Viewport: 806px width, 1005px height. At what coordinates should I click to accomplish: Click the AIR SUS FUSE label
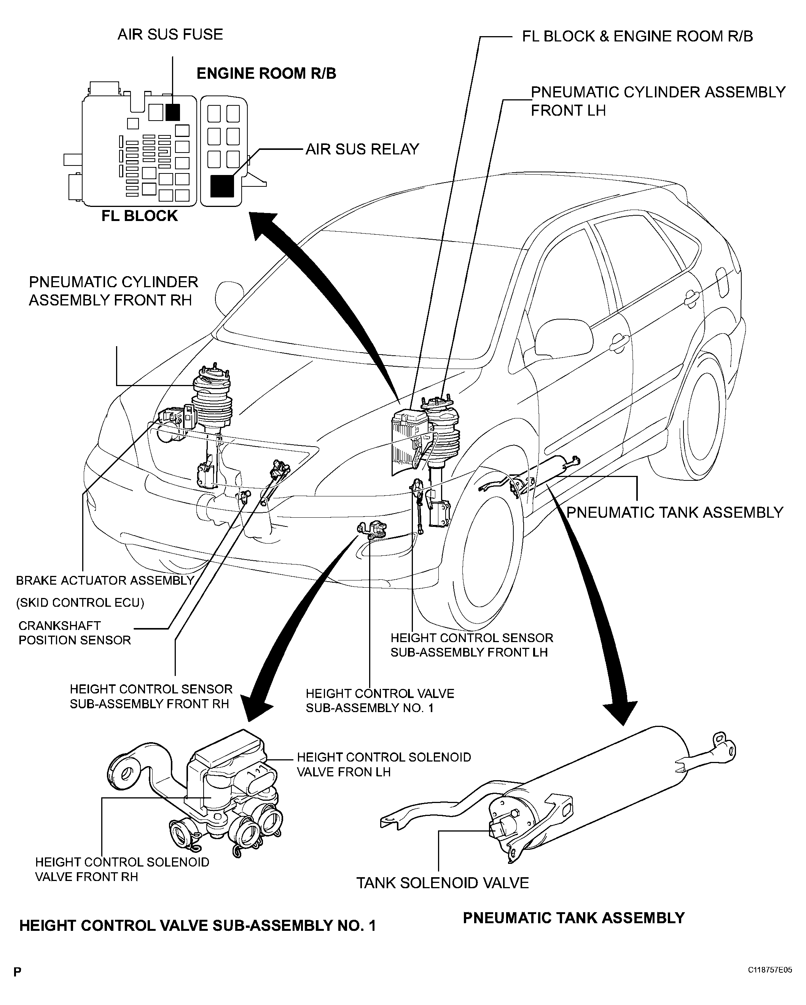[170, 35]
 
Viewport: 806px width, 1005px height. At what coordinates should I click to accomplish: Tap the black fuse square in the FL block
[173, 112]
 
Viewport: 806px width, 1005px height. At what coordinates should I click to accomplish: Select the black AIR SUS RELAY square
[222, 186]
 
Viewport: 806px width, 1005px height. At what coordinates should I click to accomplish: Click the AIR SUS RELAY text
[362, 149]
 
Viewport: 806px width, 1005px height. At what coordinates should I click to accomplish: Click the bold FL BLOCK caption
[139, 216]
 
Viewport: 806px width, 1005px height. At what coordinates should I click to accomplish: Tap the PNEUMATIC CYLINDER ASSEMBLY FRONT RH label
[113, 291]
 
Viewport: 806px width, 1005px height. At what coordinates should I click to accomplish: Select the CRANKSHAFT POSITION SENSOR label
[75, 633]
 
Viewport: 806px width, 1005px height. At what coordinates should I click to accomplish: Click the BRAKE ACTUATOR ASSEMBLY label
[105, 580]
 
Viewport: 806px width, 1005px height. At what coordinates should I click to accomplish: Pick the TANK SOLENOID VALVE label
[443, 883]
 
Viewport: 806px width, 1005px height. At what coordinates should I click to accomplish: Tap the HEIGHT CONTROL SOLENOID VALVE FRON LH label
[384, 765]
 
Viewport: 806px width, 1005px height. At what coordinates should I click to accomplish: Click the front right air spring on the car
[212, 396]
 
